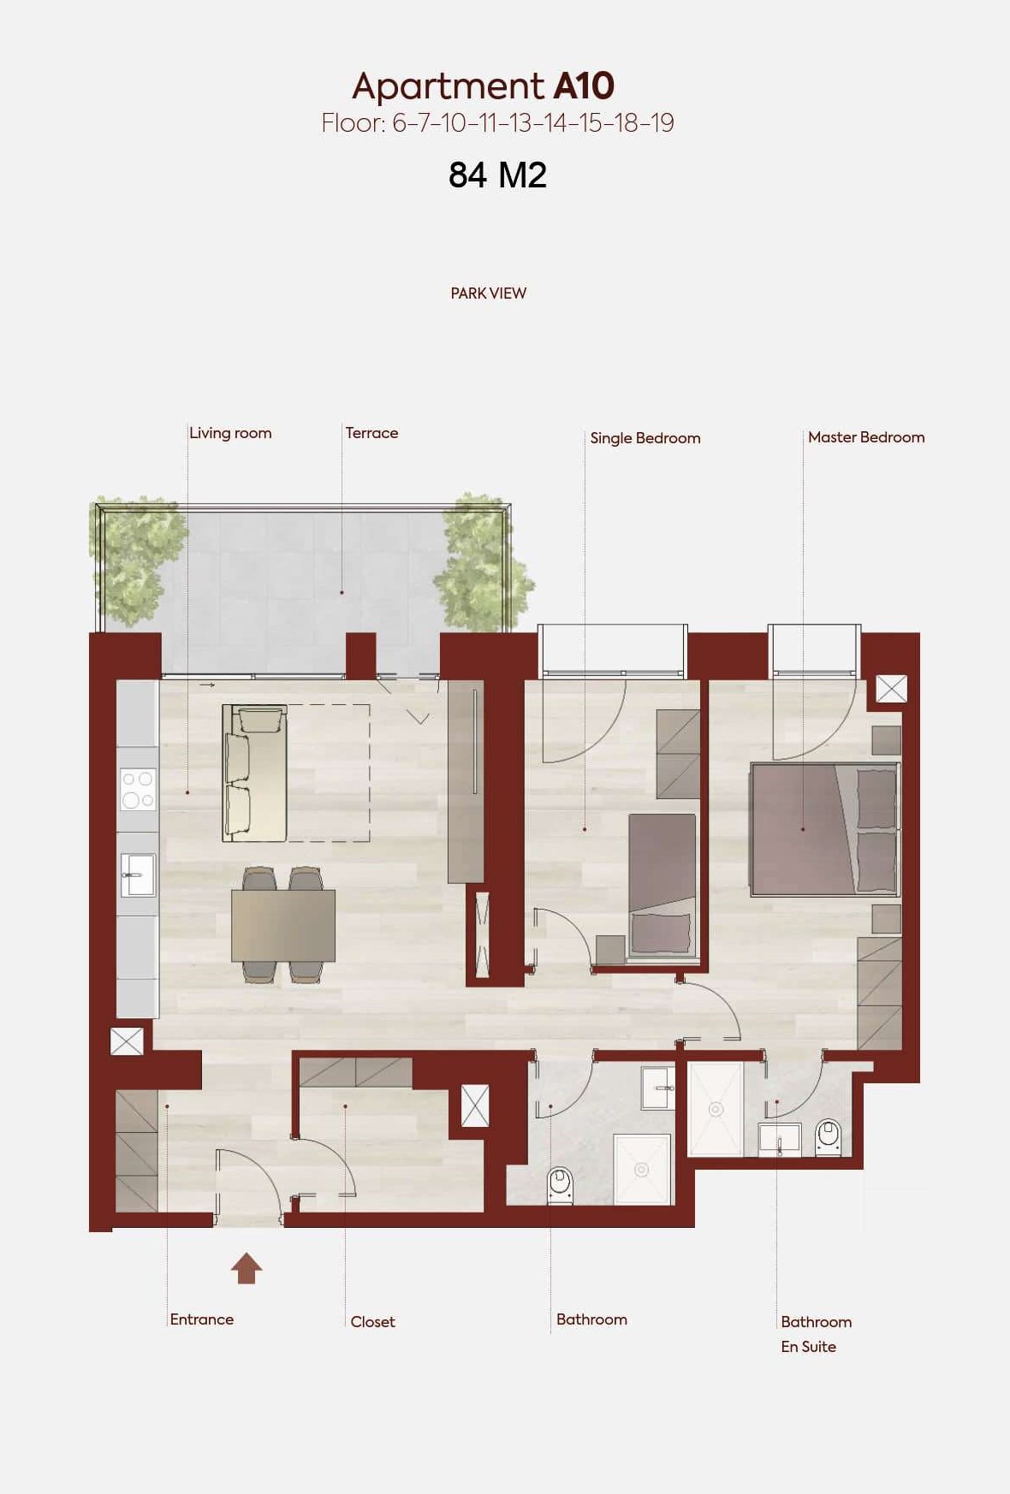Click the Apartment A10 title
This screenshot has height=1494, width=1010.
[483, 86]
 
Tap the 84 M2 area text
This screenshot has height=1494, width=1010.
[497, 175]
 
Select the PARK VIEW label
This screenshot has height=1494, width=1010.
[488, 293]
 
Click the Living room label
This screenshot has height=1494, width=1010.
[230, 433]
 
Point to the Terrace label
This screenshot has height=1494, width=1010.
[371, 433]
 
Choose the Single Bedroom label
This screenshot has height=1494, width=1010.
[645, 438]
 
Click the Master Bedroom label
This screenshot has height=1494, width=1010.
[866, 437]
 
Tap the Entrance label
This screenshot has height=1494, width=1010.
[201, 1319]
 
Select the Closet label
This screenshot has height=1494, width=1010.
[372, 1322]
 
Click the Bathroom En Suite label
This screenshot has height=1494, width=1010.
[816, 1334]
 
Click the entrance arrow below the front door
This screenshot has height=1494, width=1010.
[247, 1268]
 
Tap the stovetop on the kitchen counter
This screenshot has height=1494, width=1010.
[138, 790]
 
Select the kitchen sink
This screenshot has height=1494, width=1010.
[138, 874]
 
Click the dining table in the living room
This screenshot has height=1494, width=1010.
[283, 926]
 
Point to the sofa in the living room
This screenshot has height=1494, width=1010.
[254, 773]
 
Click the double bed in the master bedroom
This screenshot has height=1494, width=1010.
[825, 829]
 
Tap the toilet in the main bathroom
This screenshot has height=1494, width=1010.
[559, 1186]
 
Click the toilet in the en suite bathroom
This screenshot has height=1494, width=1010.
[829, 1137]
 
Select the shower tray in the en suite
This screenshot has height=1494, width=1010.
[716, 1109]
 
